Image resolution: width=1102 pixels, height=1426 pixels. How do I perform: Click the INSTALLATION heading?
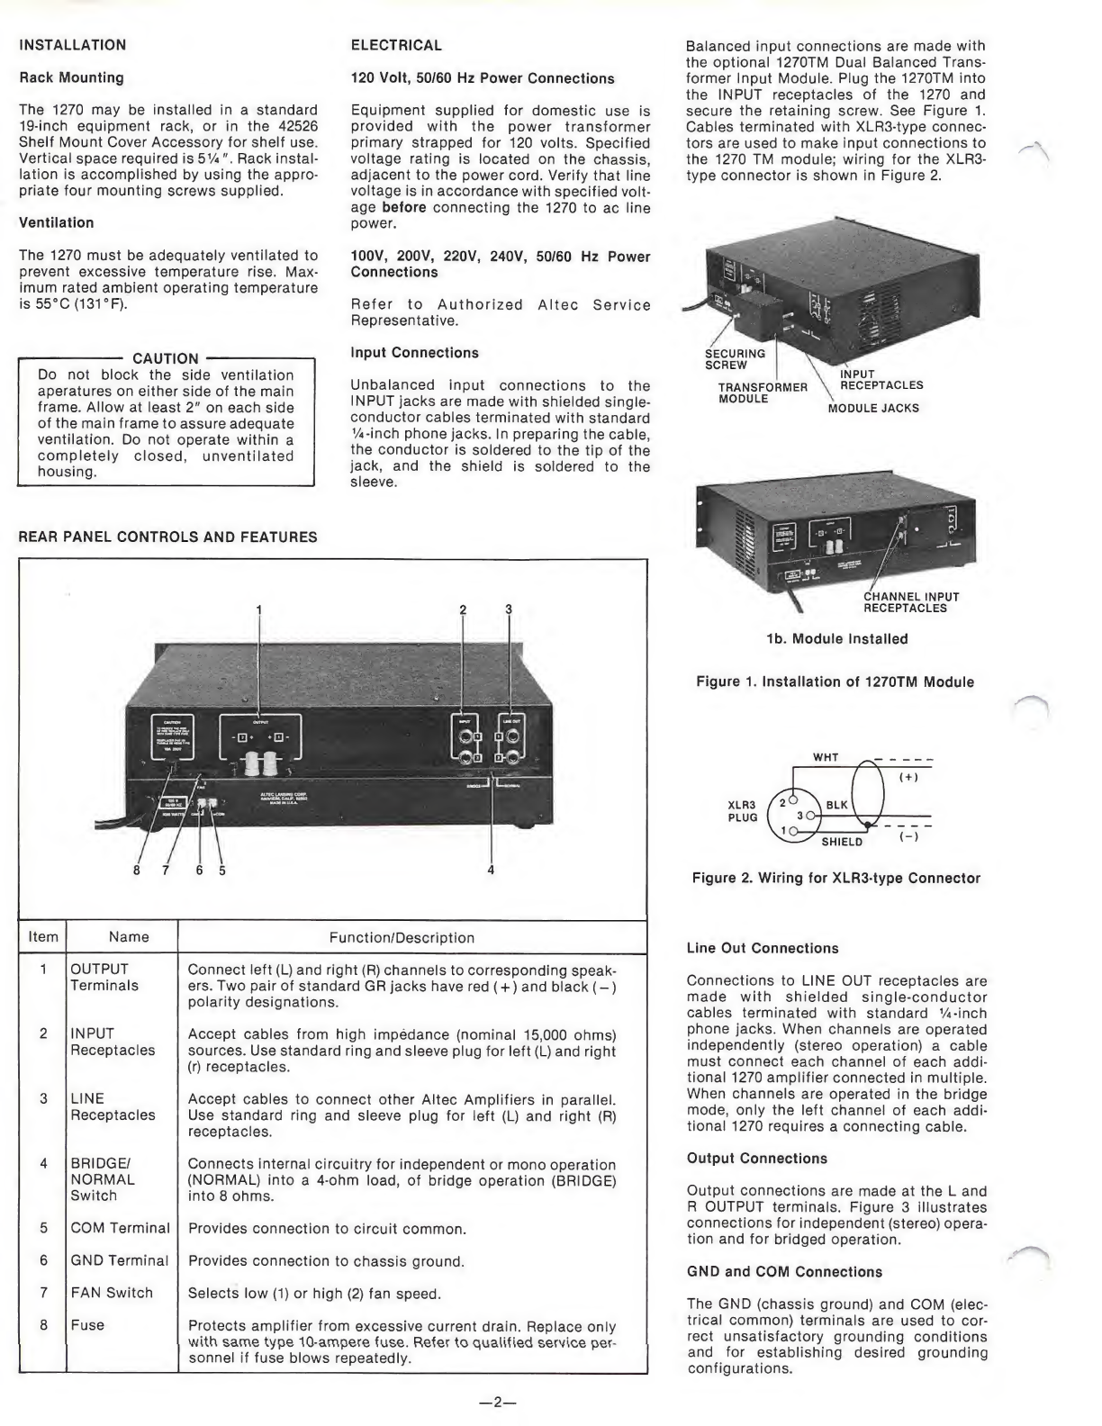tap(73, 45)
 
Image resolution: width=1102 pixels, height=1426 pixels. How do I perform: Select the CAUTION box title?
tap(165, 358)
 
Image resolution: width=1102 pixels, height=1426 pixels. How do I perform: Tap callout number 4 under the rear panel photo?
tap(491, 870)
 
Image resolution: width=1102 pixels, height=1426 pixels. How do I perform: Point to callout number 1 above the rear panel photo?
tap(260, 609)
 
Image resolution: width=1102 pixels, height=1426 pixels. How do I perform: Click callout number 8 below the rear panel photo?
tap(137, 870)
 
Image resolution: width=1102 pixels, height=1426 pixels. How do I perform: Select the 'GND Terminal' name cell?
tap(120, 1260)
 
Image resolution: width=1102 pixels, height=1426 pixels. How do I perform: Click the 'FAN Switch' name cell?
tap(112, 1293)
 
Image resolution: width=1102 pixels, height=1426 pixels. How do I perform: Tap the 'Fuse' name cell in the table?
tap(87, 1325)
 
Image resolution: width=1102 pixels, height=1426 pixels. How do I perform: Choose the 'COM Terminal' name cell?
tap(120, 1228)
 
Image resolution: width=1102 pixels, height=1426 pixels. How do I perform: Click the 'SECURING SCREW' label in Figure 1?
tap(735, 359)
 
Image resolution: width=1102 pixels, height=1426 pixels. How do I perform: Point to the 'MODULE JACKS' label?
tap(873, 408)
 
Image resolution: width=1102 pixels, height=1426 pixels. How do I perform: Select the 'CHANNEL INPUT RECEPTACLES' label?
tap(911, 602)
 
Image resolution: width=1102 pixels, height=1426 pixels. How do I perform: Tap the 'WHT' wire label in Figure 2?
tap(826, 757)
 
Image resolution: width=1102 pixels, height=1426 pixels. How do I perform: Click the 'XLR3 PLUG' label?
tap(743, 811)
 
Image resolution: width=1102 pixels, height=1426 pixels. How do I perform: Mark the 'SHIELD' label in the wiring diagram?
tap(842, 842)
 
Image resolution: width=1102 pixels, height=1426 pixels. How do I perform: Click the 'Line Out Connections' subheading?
tap(762, 948)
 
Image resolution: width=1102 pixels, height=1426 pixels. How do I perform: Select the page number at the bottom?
tap(495, 1401)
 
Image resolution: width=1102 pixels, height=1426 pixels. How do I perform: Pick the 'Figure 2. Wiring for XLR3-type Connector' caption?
tap(836, 878)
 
